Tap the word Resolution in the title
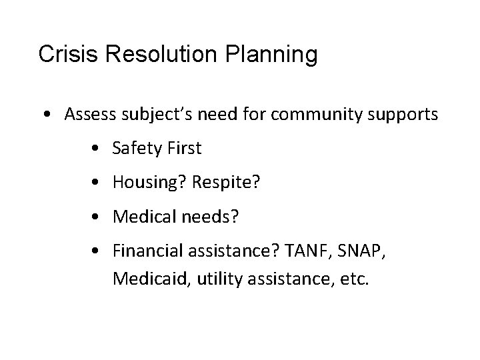[x=150, y=55]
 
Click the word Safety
[x=135, y=149]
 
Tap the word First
[x=183, y=148]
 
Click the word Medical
[x=140, y=217]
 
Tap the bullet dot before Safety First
[x=99, y=149]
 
